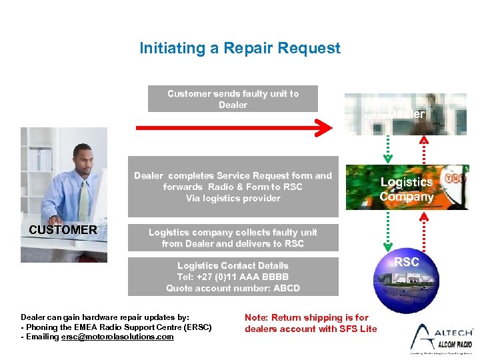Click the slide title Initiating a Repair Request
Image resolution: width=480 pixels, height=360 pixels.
(239, 48)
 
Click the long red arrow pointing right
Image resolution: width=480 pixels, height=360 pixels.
(233, 127)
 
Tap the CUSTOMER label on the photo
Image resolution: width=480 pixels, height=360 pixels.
(63, 230)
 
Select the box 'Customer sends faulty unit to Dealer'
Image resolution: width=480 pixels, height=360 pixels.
(233, 99)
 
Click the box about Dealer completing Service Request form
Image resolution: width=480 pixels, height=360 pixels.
(233, 187)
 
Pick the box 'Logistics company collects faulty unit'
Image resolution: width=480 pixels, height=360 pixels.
(233, 238)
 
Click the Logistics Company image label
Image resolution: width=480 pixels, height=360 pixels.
(406, 189)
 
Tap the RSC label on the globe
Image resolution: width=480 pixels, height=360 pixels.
(406, 262)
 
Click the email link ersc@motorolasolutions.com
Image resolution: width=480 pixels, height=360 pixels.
(117, 337)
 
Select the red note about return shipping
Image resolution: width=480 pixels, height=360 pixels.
(311, 323)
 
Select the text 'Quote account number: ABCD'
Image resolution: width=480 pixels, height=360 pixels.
(233, 288)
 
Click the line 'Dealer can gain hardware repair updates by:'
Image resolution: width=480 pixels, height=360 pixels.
(105, 318)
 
